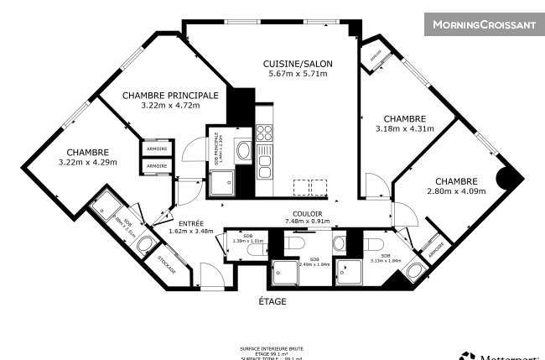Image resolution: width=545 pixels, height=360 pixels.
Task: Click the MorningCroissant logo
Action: tap(483, 24)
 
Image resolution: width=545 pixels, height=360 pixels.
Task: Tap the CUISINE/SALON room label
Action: tap(294, 65)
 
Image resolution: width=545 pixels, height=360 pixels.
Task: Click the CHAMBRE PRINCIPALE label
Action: tap(170, 96)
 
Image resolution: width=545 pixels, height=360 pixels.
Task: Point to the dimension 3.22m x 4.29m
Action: tap(89, 162)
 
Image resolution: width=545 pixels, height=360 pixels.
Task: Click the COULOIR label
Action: tap(307, 213)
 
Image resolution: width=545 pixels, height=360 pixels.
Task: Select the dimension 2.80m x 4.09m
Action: tap(456, 190)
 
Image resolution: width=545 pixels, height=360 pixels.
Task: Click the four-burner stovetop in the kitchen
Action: tap(264, 132)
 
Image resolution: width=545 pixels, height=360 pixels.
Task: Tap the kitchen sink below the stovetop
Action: tap(264, 162)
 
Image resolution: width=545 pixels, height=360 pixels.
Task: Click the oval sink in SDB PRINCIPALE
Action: tap(244, 151)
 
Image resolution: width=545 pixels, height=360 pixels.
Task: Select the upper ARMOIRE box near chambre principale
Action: tap(157, 149)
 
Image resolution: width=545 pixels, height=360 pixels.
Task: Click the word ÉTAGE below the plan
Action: tap(272, 301)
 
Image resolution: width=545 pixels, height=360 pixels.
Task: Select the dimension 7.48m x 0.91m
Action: tap(307, 222)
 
